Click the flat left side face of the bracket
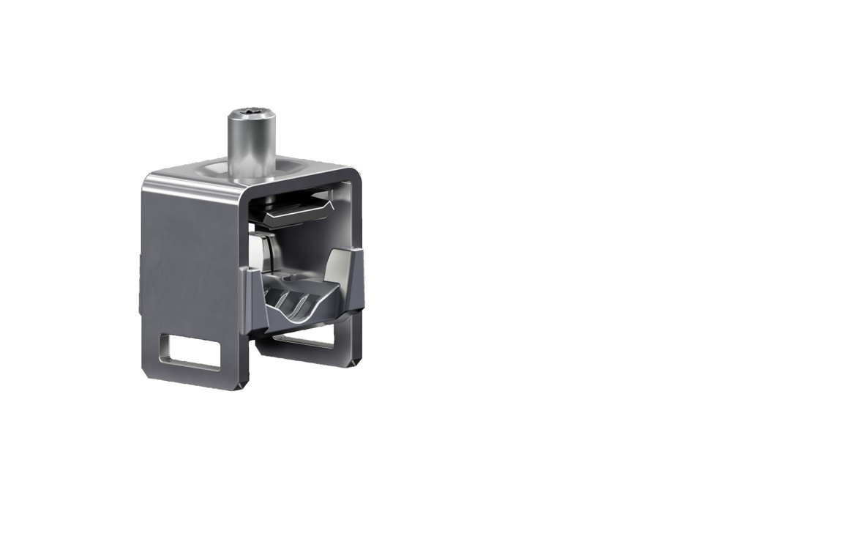[187, 256]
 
